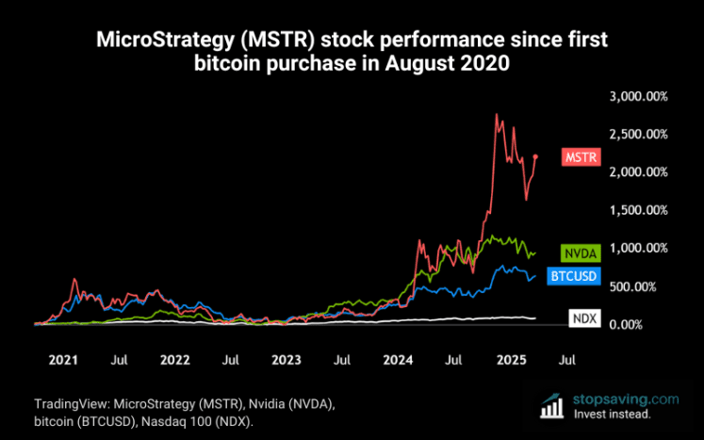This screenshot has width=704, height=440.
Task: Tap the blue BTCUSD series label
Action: click(x=574, y=275)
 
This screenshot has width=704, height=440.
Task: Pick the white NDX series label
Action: click(x=583, y=318)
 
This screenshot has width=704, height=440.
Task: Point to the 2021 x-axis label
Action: click(x=62, y=360)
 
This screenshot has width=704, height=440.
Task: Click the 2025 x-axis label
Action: click(x=512, y=360)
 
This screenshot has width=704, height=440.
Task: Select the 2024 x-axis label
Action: click(x=399, y=360)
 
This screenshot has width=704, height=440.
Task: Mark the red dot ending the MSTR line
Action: click(x=535, y=156)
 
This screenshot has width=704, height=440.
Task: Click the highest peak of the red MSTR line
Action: click(x=497, y=115)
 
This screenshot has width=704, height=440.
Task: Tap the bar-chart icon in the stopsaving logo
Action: click(x=552, y=405)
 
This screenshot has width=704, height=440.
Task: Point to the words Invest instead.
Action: click(x=612, y=414)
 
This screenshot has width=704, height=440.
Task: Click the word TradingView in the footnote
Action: click(x=66, y=402)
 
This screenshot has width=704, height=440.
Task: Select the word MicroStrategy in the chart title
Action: click(x=152, y=41)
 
